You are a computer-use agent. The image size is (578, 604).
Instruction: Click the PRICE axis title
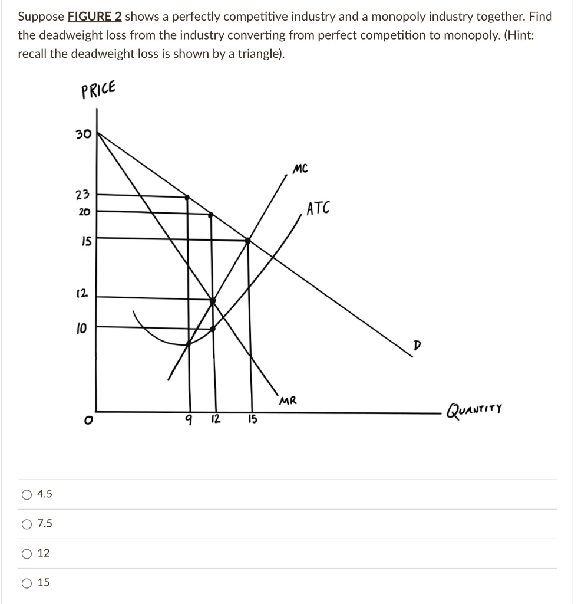pos(99,90)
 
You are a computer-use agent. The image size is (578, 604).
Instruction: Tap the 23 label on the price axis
pos(82,195)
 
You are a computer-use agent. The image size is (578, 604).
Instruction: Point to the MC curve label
pos(300,169)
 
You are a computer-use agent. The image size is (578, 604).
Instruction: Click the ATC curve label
pos(319,208)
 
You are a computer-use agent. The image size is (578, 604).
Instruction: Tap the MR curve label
pos(288,401)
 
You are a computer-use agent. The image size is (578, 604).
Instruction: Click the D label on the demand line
pos(417,345)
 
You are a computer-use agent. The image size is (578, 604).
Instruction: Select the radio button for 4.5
pos(27,494)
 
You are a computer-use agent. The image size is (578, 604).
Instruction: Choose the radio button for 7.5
pos(27,524)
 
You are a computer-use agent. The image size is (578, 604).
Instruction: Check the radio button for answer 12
pos(27,553)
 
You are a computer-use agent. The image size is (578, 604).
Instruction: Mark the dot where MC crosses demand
pos(247,241)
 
